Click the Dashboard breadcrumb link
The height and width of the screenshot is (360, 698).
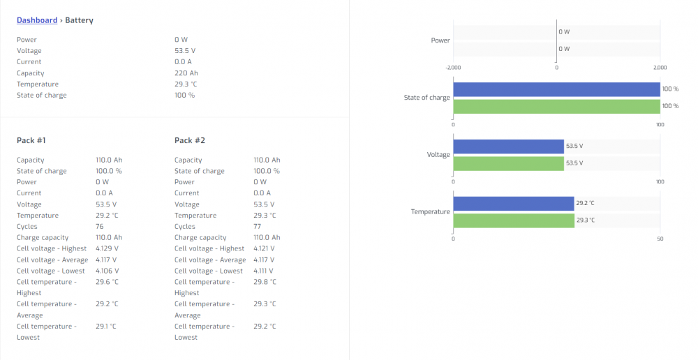click(37, 20)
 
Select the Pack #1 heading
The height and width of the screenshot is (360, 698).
click(31, 141)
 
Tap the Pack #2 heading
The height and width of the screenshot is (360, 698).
click(190, 141)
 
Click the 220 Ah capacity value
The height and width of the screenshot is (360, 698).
click(186, 73)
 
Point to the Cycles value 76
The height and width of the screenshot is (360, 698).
click(100, 227)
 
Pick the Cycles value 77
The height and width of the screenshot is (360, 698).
click(258, 227)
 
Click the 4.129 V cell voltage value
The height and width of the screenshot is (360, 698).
click(107, 249)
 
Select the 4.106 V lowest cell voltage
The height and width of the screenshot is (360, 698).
click(107, 271)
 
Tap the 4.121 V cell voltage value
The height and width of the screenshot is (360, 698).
click(264, 249)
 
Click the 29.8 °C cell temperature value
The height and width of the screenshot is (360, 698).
click(265, 282)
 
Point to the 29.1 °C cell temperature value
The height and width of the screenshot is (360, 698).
click(106, 327)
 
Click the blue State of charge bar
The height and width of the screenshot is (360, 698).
click(556, 89)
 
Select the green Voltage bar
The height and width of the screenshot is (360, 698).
click(508, 163)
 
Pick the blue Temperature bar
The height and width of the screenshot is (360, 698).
click(514, 203)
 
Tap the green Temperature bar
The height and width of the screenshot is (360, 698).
click(514, 220)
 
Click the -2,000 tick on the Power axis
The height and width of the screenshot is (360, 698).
click(453, 68)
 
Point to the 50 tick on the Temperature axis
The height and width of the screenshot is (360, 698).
click(660, 239)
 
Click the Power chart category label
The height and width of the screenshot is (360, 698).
click(440, 40)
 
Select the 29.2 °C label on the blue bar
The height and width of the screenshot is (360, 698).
click(585, 203)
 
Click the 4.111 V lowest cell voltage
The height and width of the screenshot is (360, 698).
click(264, 271)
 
